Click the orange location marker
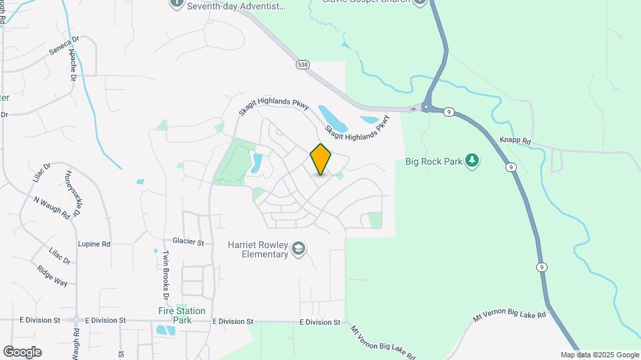(321, 159)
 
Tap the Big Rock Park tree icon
(472, 161)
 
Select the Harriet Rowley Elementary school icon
(298, 249)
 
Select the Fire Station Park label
(182, 315)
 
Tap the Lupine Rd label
(93, 244)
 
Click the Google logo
(22, 352)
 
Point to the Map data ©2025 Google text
(600, 355)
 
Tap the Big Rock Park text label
(433, 161)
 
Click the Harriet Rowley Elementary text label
(256, 249)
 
